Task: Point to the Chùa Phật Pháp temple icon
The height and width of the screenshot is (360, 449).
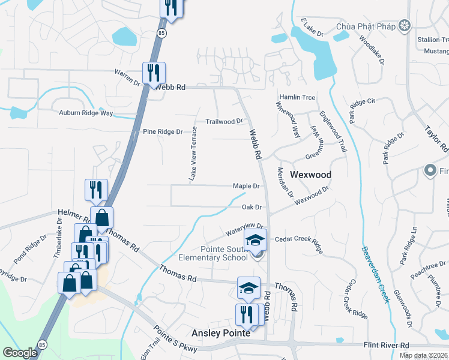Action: (405, 25)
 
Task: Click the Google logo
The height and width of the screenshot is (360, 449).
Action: (20, 353)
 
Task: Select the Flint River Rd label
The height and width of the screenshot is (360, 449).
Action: (386, 346)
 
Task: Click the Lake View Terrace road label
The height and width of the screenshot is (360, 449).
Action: (193, 154)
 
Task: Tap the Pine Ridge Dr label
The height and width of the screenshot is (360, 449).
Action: (162, 131)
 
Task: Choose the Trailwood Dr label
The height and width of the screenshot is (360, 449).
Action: (224, 121)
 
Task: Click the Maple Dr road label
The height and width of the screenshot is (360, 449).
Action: (246, 186)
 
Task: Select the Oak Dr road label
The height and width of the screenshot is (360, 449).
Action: (252, 207)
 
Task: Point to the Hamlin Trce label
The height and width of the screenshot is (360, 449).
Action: (297, 97)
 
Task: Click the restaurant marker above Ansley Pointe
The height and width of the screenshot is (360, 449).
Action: (246, 314)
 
